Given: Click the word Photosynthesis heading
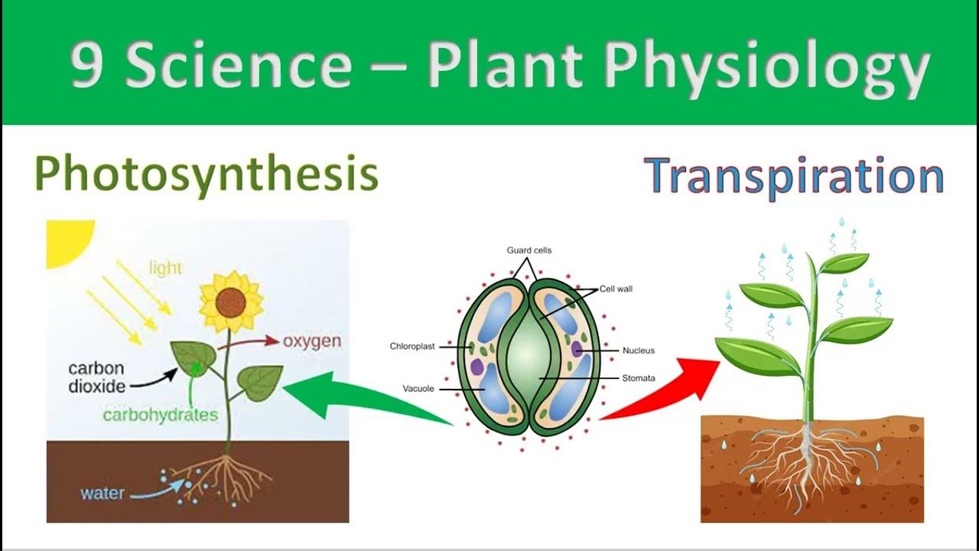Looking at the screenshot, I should [x=207, y=174].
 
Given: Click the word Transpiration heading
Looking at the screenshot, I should [x=794, y=177].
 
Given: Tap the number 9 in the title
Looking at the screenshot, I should [x=86, y=65].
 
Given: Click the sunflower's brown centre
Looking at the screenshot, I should [x=230, y=304].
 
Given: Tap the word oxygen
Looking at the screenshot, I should [x=311, y=341].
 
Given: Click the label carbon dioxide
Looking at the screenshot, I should [x=96, y=377].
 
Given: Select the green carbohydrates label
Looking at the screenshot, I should [x=160, y=415].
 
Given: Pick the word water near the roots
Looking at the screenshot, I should [x=102, y=493].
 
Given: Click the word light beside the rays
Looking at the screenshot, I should [x=165, y=267].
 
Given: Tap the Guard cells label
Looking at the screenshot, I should [x=529, y=250].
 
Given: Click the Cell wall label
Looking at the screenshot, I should [x=616, y=289].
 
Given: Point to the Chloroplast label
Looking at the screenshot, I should [x=411, y=347].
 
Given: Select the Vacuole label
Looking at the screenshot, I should [x=418, y=389].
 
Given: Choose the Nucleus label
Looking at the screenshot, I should [x=638, y=350].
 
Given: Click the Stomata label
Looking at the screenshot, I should [x=638, y=378].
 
